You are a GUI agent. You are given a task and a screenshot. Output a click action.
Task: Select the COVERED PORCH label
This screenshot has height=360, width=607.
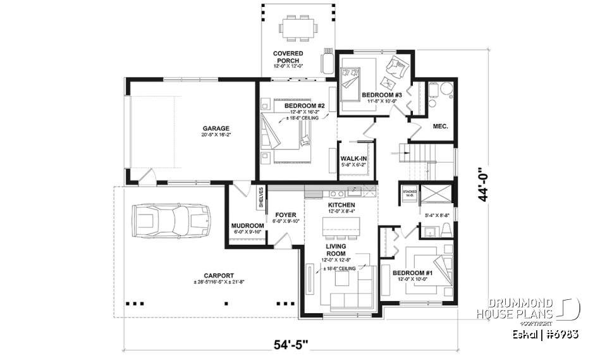[x=288, y=57]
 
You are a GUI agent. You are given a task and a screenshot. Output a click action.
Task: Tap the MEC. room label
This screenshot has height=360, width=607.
[x=440, y=126]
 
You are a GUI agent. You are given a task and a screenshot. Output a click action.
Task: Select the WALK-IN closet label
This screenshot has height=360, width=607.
[x=353, y=159]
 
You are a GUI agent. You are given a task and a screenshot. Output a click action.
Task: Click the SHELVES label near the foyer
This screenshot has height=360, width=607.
[x=261, y=197]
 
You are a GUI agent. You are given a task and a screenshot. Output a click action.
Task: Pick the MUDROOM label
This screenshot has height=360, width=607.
[x=247, y=225]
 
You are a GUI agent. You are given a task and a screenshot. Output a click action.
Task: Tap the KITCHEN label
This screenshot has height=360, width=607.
[x=341, y=206]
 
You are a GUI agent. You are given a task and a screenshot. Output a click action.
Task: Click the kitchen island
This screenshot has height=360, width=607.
[x=341, y=226]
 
